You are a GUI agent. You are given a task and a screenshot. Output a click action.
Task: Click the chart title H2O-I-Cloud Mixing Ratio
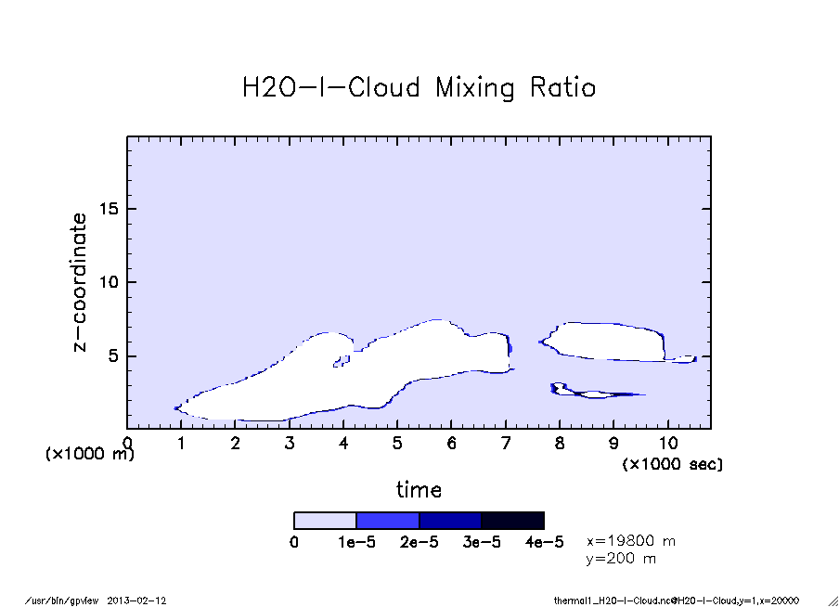[x=419, y=88]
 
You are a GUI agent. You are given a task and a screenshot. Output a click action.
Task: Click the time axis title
[x=419, y=489]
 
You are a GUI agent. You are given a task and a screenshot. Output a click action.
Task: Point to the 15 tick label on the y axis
[x=110, y=209]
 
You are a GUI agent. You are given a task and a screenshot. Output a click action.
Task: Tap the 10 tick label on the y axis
[x=110, y=282]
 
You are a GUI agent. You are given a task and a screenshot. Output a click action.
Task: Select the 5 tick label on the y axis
[x=114, y=356]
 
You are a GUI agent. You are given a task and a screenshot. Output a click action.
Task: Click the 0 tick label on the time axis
[x=127, y=443]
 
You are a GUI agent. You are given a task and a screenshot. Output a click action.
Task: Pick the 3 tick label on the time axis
[x=290, y=443]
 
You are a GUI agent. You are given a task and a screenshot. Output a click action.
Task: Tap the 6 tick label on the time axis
[x=451, y=443]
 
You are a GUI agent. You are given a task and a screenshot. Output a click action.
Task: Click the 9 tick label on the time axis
[x=613, y=443]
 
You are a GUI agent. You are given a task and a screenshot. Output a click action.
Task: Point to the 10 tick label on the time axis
[x=667, y=443]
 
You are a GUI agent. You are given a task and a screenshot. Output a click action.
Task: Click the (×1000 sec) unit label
[x=672, y=463]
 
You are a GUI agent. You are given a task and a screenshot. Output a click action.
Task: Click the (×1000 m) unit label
[x=90, y=455]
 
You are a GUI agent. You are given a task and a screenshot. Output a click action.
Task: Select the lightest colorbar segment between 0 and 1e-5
[x=325, y=521]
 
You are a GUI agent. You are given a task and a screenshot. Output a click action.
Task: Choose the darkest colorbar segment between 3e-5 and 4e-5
[x=512, y=521]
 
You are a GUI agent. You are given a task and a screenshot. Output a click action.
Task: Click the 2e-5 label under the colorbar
[x=419, y=542]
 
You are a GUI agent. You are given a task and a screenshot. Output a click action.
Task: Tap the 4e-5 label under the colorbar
[x=544, y=542]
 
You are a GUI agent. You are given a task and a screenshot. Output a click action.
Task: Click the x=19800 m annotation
[x=631, y=541]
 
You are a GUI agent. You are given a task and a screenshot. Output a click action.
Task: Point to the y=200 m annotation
[x=621, y=559]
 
